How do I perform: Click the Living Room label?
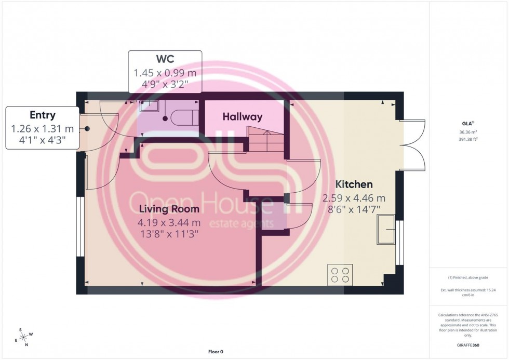[169, 209]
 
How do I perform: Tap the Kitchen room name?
[354, 184]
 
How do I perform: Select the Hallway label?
[243, 117]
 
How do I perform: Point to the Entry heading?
[43, 115]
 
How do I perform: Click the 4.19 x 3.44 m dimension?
[169, 223]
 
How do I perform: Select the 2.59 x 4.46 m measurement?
[354, 198]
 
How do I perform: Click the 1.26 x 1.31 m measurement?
[43, 128]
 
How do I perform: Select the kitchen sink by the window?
[386, 229]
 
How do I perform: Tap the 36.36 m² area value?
[469, 131]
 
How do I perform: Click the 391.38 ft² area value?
[469, 139]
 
